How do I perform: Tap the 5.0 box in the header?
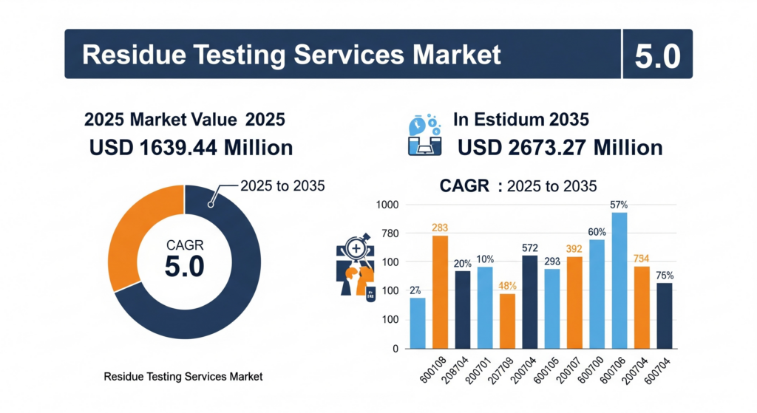click(657, 55)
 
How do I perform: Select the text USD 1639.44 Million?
click(191, 148)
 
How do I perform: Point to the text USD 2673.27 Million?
click(560, 148)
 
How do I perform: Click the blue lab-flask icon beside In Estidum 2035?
click(424, 135)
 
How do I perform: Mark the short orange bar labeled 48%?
click(507, 321)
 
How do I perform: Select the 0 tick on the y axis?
click(396, 348)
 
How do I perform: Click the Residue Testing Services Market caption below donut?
click(183, 377)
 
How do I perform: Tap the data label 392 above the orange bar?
click(574, 249)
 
